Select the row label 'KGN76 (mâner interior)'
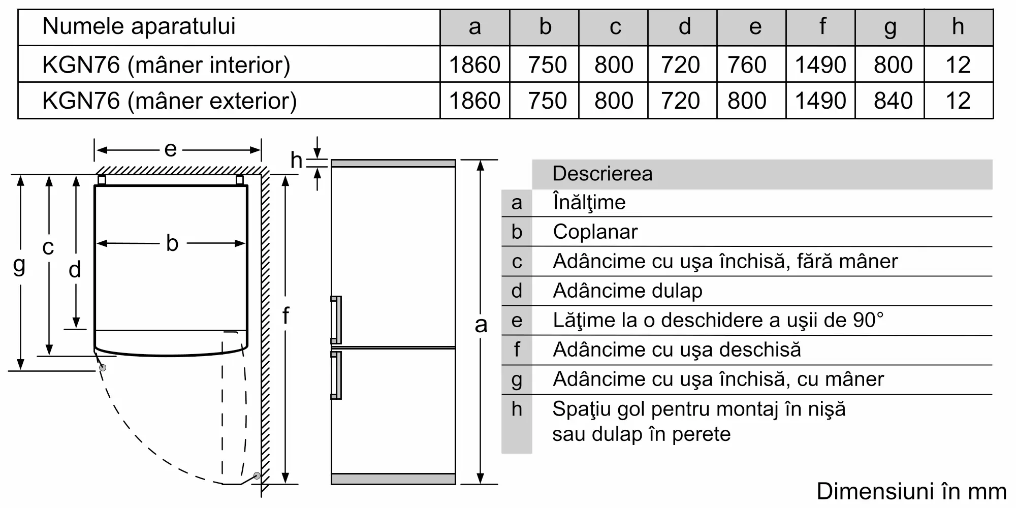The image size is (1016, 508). [x=166, y=65]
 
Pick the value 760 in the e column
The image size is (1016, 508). [x=747, y=65]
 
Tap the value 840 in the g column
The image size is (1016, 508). [x=893, y=101]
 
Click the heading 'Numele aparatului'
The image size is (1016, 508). [x=139, y=26]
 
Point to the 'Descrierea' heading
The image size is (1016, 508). [x=602, y=174]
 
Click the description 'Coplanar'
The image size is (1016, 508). [x=595, y=232]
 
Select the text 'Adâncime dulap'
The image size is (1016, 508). [x=627, y=291]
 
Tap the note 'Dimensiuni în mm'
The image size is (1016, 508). [x=911, y=491]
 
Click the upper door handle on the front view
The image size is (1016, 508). [x=336, y=320]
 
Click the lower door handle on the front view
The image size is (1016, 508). [x=336, y=375]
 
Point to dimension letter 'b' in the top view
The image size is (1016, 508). [x=172, y=243]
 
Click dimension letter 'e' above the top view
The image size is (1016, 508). [x=170, y=149]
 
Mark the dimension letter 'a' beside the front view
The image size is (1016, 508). [x=481, y=325]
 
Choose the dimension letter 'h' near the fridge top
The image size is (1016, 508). [x=297, y=161]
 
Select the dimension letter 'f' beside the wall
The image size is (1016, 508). [x=285, y=315]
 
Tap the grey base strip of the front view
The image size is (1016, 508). [x=393, y=479]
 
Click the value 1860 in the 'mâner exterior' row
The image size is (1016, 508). [x=474, y=101]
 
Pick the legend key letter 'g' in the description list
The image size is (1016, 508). [x=517, y=380]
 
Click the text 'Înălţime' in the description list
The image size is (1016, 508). [x=589, y=203]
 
